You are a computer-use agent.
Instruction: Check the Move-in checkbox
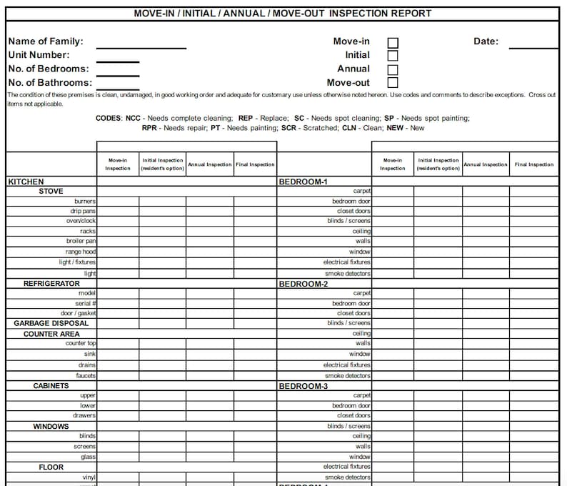pyautogui.click(x=393, y=42)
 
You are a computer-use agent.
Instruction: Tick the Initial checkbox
pyautogui.click(x=393, y=56)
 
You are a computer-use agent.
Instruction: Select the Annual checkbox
pyautogui.click(x=393, y=69)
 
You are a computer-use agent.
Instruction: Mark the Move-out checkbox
pyautogui.click(x=393, y=83)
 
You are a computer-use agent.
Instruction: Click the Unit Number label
pyautogui.click(x=39, y=55)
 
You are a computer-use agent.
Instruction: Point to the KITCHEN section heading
pyautogui.click(x=26, y=182)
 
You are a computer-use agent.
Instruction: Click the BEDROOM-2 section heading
pyautogui.click(x=303, y=284)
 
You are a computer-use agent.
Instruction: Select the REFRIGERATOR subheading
pyautogui.click(x=51, y=284)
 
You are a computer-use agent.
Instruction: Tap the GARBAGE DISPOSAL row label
pyautogui.click(x=51, y=323)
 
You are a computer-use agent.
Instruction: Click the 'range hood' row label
pyautogui.click(x=81, y=252)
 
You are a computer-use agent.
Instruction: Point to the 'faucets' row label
pyautogui.click(x=86, y=375)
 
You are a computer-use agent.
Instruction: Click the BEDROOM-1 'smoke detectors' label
pyautogui.click(x=348, y=274)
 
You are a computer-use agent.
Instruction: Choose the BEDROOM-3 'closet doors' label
pyautogui.click(x=353, y=415)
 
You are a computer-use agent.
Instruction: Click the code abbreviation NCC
pyautogui.click(x=133, y=118)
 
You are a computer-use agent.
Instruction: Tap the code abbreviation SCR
pyautogui.click(x=288, y=128)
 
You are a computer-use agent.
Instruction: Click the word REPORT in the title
pyautogui.click(x=412, y=13)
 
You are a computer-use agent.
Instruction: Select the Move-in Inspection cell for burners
pyautogui.click(x=118, y=202)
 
